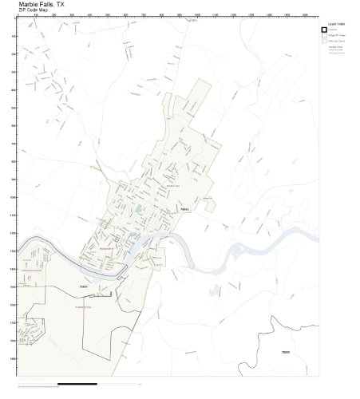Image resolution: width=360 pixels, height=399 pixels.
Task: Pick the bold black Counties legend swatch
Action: (x=325, y=30)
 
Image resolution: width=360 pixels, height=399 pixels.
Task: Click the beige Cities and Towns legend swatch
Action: (x=325, y=42)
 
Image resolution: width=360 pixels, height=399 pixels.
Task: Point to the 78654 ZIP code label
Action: (x=184, y=208)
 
